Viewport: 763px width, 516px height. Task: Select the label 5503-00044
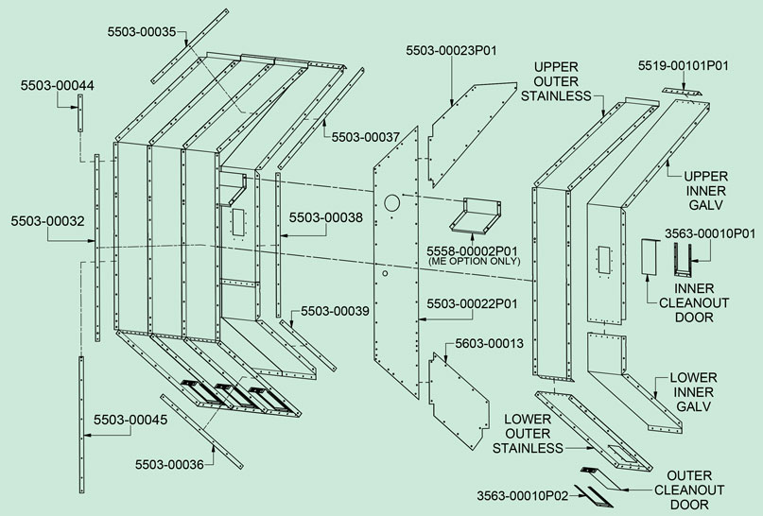coord(58,86)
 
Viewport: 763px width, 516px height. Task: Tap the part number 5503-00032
coord(48,221)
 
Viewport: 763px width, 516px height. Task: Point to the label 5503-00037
coord(367,137)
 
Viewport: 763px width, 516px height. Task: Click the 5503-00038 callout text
coord(325,217)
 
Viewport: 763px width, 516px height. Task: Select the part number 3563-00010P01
coord(707,232)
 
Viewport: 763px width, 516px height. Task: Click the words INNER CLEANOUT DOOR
coord(692,303)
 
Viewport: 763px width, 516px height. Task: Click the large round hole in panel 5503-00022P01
coord(392,203)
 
